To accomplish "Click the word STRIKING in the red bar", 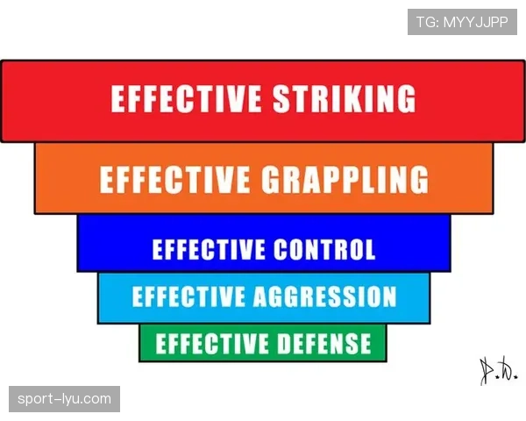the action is (x=345, y=98).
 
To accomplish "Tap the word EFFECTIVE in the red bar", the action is (x=186, y=98).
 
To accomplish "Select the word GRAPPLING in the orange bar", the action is (x=345, y=179).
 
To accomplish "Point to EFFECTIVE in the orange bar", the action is (x=174, y=180).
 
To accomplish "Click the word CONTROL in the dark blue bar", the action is (x=324, y=249).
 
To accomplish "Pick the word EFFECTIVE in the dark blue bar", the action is (x=208, y=249).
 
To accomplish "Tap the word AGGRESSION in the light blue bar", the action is (x=324, y=296).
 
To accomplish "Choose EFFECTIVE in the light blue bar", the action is (x=188, y=296).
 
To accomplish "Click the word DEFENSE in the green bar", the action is (x=324, y=343).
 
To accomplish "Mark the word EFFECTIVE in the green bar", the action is (x=211, y=343).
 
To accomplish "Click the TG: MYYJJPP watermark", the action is (x=462, y=22).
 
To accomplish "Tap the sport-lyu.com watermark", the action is (x=64, y=399).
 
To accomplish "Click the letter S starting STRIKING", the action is (x=281, y=98).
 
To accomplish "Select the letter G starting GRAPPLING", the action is (x=271, y=180).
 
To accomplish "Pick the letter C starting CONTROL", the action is (x=281, y=249).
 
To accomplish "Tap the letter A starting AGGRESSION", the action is (x=262, y=296).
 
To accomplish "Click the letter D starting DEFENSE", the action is (x=286, y=343).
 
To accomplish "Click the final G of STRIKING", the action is (x=406, y=98).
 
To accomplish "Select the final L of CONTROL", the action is (x=370, y=249).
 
